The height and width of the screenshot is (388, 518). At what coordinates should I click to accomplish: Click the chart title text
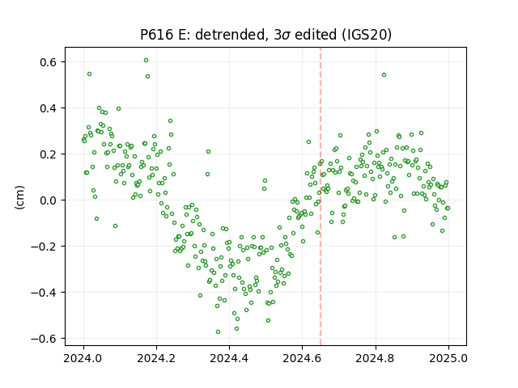click(265, 34)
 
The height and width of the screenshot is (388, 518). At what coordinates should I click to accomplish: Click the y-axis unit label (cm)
click(19, 197)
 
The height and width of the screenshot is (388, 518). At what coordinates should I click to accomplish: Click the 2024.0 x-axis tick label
click(83, 358)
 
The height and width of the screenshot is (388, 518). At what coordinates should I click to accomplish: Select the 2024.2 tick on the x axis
click(156, 358)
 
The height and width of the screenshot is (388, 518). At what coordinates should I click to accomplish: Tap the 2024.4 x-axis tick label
click(229, 358)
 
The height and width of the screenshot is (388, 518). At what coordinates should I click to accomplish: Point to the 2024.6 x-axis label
click(302, 358)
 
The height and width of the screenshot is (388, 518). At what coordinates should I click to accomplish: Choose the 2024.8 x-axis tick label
click(376, 358)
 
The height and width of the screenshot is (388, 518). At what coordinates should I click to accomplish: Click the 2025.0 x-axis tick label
click(448, 358)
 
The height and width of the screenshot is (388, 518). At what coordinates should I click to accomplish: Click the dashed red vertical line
click(321, 196)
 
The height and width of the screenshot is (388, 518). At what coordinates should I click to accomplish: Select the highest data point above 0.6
click(146, 61)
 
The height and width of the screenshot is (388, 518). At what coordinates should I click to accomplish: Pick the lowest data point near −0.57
click(218, 332)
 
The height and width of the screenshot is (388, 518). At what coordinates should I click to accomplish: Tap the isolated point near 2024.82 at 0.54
click(384, 75)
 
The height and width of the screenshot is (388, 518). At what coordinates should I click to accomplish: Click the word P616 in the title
click(156, 35)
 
